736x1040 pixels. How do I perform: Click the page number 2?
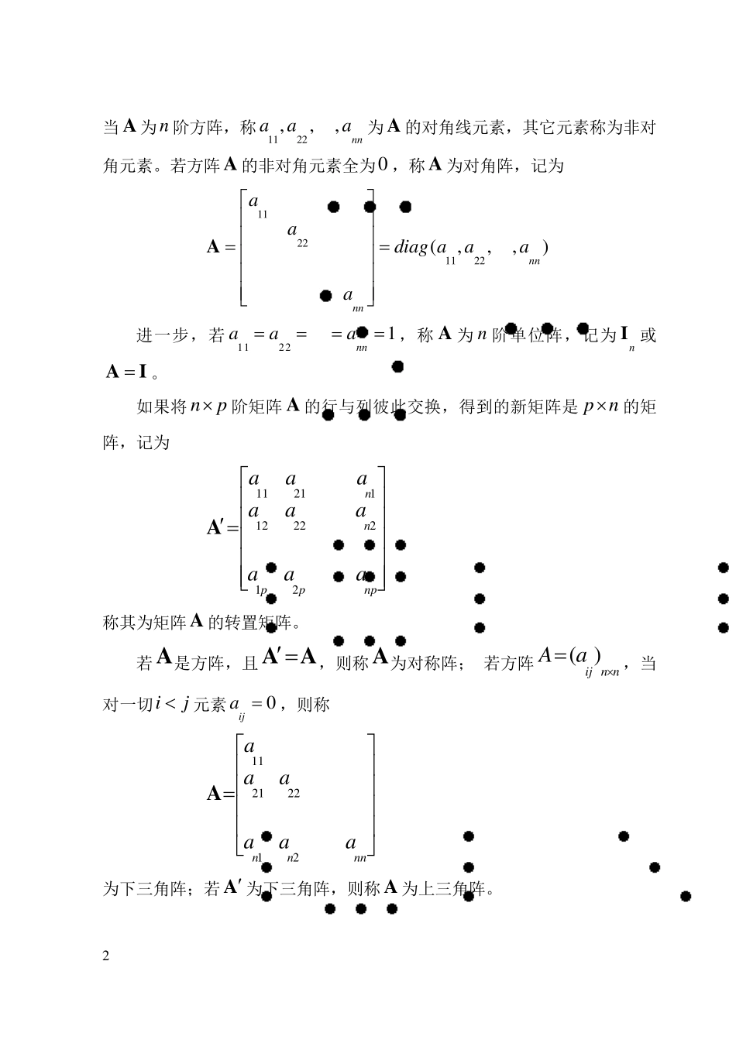(x=106, y=956)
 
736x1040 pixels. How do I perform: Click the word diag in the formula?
(x=411, y=248)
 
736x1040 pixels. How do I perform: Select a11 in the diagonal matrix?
(x=256, y=206)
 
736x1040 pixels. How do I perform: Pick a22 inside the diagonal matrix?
(x=297, y=235)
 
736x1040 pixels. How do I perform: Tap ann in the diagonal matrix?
(x=353, y=300)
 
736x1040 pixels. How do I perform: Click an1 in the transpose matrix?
(x=365, y=485)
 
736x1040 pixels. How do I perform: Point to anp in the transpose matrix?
(x=366, y=580)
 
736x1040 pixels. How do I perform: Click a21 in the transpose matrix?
(x=295, y=485)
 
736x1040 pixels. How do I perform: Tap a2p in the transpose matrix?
(x=294, y=580)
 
